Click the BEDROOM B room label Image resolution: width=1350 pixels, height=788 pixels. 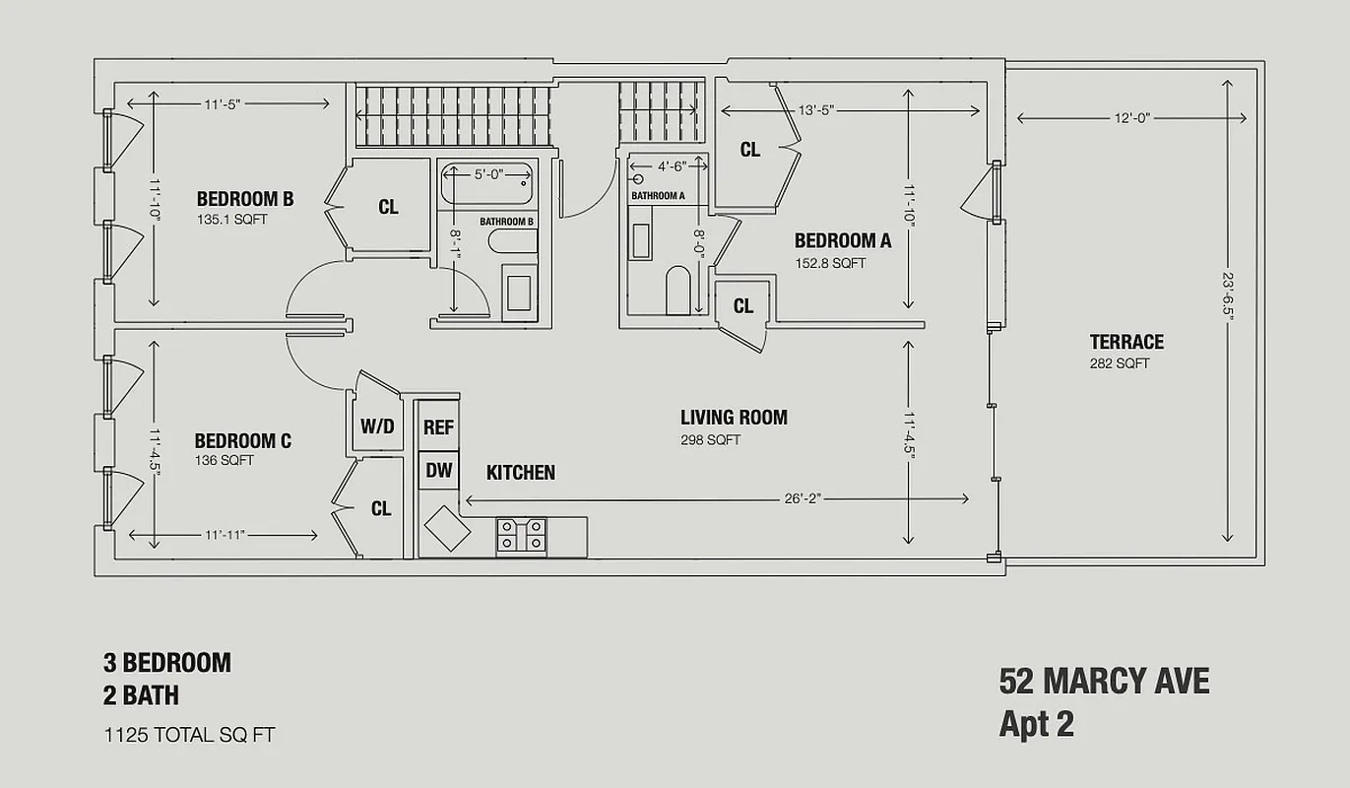(244, 199)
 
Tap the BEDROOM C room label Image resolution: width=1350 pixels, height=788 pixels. (242, 440)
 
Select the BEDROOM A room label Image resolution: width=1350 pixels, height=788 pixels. (842, 240)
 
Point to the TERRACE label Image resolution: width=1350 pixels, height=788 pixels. (1125, 342)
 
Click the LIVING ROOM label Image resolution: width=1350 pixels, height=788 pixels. (734, 417)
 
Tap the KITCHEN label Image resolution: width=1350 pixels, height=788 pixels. (520, 473)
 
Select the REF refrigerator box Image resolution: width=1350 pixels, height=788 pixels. (438, 427)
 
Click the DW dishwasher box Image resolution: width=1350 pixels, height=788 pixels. (438, 471)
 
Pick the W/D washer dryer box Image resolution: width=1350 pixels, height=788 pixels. (376, 427)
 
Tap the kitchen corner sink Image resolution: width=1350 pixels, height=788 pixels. (446, 529)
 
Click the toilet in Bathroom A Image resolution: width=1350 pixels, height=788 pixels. (678, 290)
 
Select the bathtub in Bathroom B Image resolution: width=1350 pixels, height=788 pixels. (486, 184)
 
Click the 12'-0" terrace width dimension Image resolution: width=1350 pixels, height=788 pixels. (1131, 118)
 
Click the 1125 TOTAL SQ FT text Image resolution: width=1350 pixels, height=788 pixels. (189, 734)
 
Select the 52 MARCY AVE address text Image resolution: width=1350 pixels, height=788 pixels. (1104, 681)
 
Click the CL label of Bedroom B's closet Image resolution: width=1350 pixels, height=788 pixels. (388, 207)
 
